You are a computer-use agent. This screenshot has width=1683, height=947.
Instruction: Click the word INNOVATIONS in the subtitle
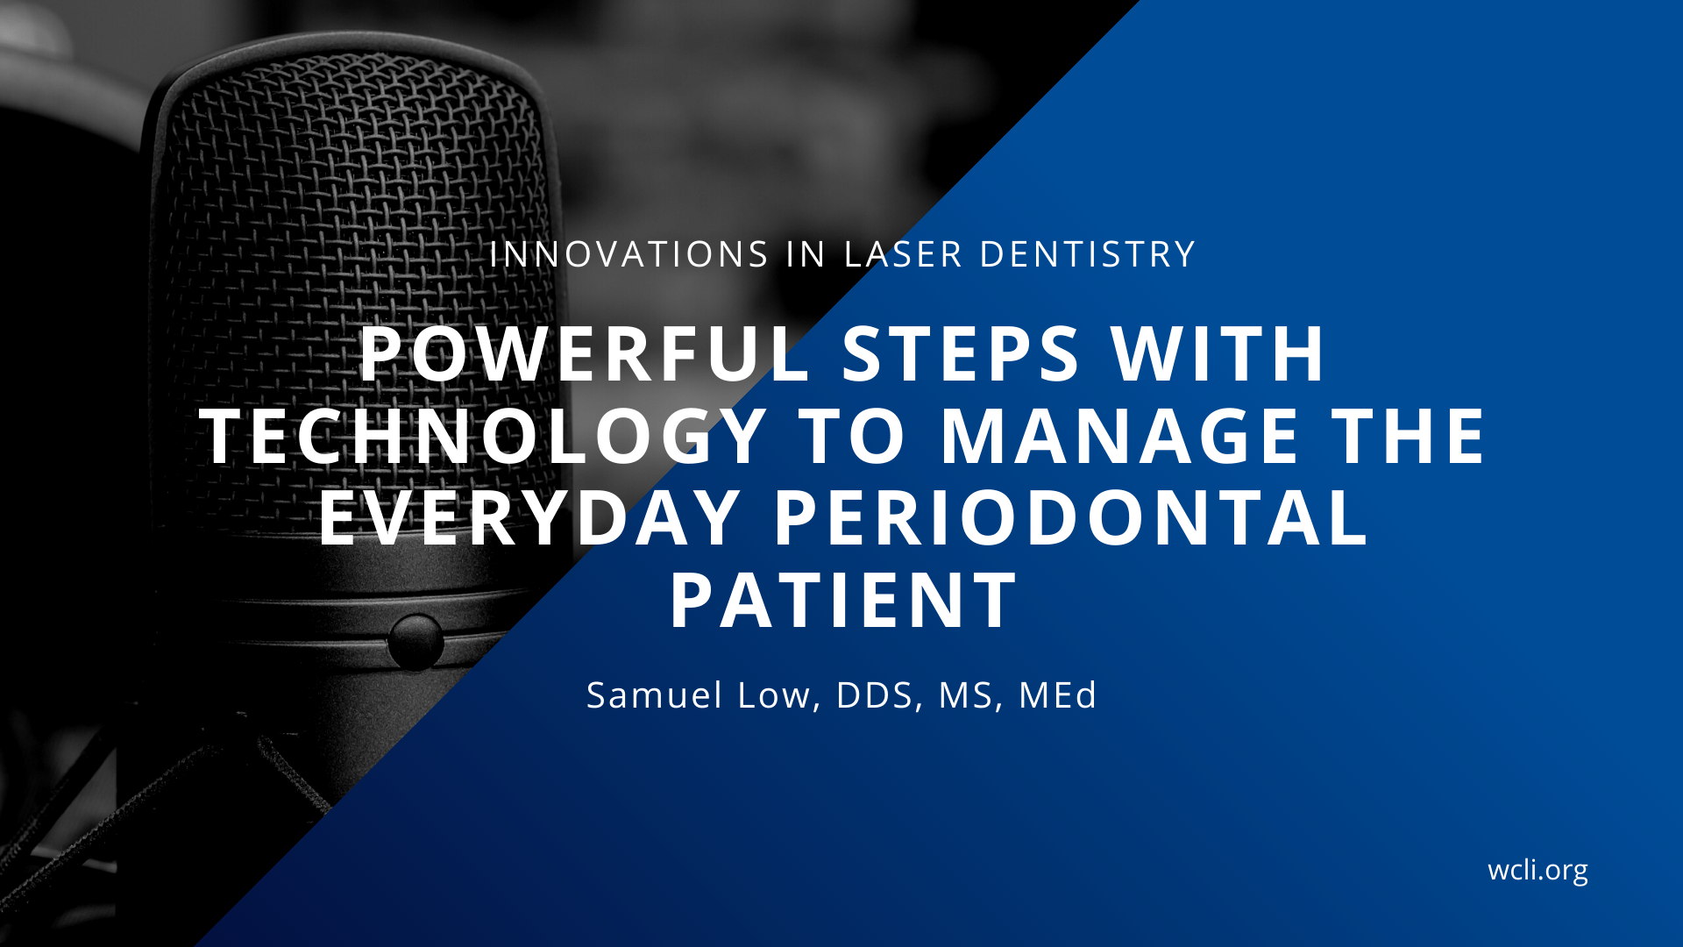pos(629,254)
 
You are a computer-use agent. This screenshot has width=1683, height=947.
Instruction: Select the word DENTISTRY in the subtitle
pos(1087,254)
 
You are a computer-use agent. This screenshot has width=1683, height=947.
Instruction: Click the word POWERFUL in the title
pos(586,354)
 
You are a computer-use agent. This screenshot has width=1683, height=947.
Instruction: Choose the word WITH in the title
pos(1218,354)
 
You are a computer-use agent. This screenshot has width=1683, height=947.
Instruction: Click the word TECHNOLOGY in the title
pos(485,436)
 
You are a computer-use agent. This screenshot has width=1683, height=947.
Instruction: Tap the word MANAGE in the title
pos(1119,436)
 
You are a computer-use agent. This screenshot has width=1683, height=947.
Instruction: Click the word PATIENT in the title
pos(843,600)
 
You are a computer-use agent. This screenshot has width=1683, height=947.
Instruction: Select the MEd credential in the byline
pos(1057,695)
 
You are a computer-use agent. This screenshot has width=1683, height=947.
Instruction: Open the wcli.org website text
pos(1537,870)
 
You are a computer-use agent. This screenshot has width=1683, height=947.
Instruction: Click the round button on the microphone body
pos(415,642)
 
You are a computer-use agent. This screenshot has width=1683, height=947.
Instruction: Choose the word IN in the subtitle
pos(806,254)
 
